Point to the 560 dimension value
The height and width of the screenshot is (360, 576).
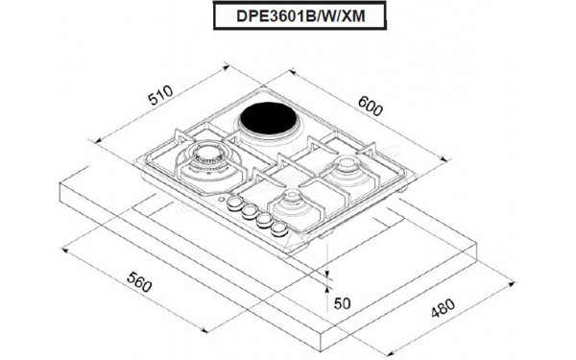tap(139, 280)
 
